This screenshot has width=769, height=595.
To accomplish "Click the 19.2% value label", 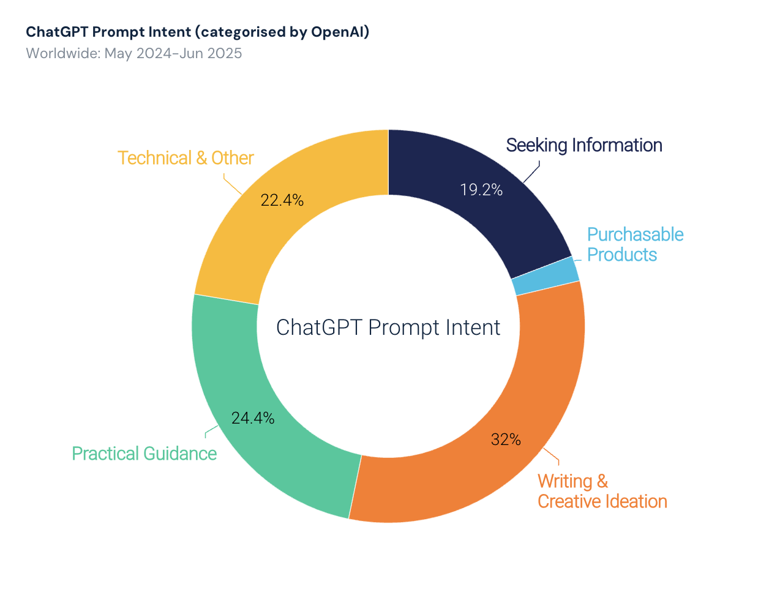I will pyautogui.click(x=481, y=190).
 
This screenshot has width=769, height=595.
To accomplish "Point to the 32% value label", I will pyautogui.click(x=506, y=440).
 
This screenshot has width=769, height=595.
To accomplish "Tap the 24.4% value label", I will pyautogui.click(x=252, y=418).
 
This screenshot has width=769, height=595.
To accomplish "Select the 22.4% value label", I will pyautogui.click(x=282, y=200).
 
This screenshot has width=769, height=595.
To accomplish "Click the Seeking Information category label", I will pyautogui.click(x=584, y=145).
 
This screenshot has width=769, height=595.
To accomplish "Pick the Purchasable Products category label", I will pyautogui.click(x=635, y=244).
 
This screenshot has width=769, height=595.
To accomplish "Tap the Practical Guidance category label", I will pyautogui.click(x=144, y=454).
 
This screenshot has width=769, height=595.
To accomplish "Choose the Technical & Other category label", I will pyautogui.click(x=186, y=158).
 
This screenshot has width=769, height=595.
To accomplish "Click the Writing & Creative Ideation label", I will pyautogui.click(x=602, y=491).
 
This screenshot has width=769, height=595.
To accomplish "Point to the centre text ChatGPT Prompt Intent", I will pyautogui.click(x=388, y=327).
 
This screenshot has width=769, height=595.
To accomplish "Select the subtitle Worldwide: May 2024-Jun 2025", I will pyautogui.click(x=134, y=53).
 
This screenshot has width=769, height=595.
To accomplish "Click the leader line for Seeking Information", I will pyautogui.click(x=532, y=173).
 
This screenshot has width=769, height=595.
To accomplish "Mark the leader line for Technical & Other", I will pyautogui.click(x=232, y=185).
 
